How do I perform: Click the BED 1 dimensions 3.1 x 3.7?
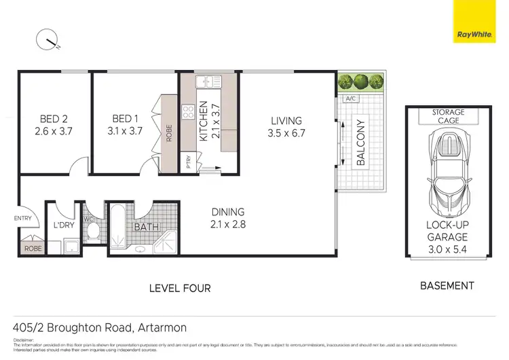(x=123, y=131)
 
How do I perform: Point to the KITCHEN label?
(x=202, y=121)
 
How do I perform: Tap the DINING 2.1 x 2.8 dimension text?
(x=227, y=225)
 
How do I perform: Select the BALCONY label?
(x=360, y=143)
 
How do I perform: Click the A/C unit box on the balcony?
(x=351, y=99)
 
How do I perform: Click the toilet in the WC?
(x=94, y=232)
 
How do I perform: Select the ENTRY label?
(x=22, y=218)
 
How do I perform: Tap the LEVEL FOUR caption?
(x=180, y=288)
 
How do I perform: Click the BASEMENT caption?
(x=447, y=286)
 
